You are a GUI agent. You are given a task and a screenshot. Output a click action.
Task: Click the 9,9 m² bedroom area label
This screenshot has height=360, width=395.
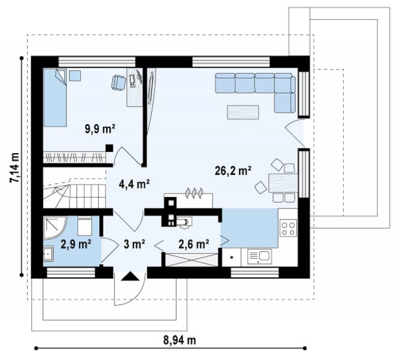[x=100, y=129]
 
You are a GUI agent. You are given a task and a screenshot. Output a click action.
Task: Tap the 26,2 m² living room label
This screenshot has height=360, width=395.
[x=233, y=171]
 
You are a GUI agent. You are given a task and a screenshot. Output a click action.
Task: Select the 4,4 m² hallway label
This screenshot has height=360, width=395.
[x=134, y=184]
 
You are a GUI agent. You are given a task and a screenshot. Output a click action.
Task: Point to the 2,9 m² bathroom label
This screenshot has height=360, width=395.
[x=76, y=244]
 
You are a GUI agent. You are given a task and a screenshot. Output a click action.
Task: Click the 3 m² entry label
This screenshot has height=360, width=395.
[x=134, y=244]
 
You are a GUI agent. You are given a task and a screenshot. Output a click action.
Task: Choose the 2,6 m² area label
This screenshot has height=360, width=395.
[x=194, y=244]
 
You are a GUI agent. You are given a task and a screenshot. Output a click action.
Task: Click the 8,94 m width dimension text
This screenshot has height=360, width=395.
[x=179, y=340]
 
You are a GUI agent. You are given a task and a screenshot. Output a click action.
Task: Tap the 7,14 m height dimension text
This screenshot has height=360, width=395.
[x=14, y=167]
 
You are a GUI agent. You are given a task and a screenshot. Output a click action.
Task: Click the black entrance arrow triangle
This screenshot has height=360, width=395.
[x=130, y=276]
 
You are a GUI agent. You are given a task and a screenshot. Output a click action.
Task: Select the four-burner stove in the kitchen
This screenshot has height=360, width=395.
[x=288, y=228]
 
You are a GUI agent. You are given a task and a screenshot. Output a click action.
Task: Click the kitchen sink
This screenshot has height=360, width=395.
[x=259, y=256]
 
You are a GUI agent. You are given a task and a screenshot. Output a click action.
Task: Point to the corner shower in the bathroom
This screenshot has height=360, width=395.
[x=55, y=227]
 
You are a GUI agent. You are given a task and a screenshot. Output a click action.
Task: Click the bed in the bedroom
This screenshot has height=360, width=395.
[x=55, y=98]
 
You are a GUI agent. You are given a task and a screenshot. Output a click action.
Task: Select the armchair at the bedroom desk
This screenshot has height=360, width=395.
[x=118, y=82]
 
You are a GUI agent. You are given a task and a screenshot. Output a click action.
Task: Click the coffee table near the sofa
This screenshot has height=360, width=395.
[x=243, y=112]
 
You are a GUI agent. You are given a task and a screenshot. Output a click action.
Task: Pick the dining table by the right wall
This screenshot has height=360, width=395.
[x=283, y=183]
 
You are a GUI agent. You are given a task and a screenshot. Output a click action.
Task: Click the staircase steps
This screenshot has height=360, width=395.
[x=75, y=192]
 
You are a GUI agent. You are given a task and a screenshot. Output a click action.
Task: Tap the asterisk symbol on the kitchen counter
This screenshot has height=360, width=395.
[x=232, y=257]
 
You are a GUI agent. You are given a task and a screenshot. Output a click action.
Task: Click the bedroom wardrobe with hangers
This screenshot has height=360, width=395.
[x=74, y=157]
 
